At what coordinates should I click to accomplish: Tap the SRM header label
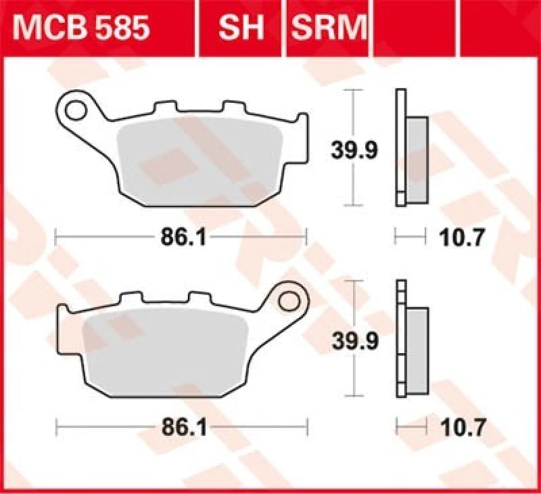[328, 28]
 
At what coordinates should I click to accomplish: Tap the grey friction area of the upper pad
[199, 159]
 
